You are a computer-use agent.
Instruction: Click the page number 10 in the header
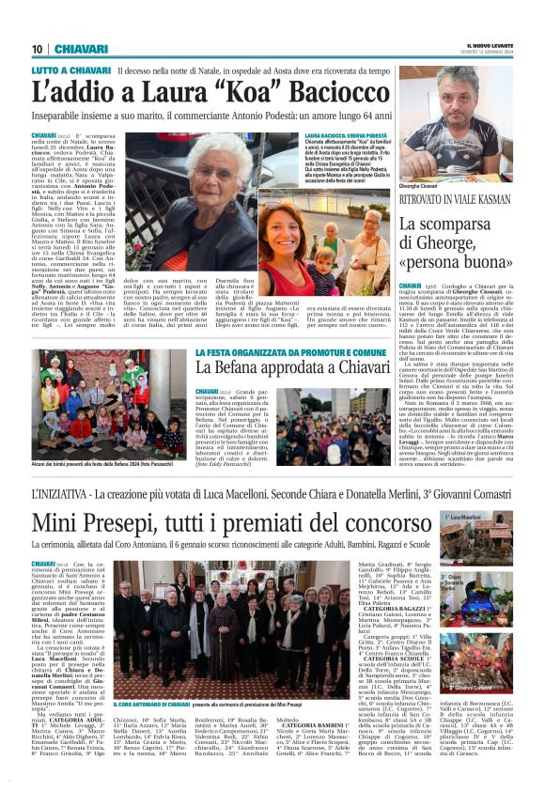(37, 49)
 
